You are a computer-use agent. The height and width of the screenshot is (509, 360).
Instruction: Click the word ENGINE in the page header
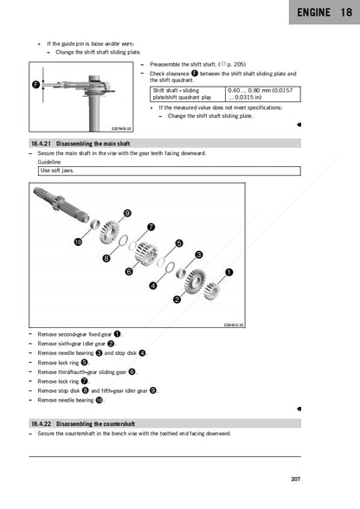[309, 13]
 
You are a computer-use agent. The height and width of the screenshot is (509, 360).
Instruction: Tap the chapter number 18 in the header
[345, 13]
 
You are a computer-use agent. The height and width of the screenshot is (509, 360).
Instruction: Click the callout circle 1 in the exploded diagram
[229, 272]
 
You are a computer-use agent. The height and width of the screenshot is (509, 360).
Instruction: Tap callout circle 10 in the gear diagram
[78, 242]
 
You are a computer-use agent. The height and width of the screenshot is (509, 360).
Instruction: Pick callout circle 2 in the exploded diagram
[177, 300]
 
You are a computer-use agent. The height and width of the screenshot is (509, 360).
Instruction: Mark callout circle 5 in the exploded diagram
[179, 243]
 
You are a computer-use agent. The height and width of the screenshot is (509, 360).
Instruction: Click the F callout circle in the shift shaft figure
[36, 85]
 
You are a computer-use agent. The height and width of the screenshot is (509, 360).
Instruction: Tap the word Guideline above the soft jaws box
[49, 162]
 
